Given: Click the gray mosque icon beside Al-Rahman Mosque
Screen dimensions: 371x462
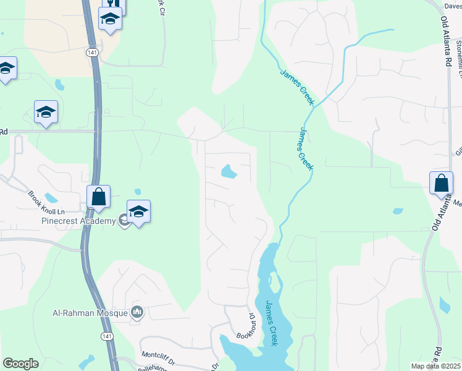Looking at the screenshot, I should point(137,313).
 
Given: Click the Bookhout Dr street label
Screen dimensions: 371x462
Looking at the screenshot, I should point(246,326).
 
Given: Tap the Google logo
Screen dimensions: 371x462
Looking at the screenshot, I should point(20,364).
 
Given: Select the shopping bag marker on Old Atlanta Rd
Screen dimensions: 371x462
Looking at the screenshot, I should point(442,184).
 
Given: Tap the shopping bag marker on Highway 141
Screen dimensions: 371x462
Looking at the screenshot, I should point(98,197).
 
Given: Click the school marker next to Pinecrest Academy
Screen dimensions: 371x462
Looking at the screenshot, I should point(139,212).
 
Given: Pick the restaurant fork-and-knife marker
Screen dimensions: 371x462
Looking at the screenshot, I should point(114,5).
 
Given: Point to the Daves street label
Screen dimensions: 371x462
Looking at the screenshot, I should point(453,6).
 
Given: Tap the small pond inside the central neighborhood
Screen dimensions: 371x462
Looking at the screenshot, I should point(229,171).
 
